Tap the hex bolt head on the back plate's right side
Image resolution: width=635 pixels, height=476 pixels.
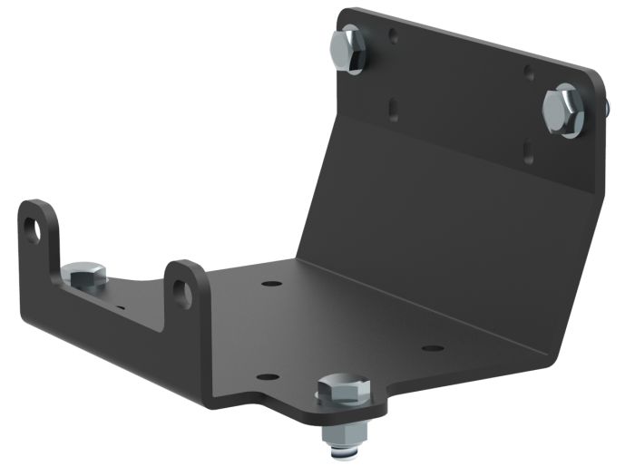tap(563, 111)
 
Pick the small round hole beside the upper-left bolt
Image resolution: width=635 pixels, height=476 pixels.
tap(393, 38)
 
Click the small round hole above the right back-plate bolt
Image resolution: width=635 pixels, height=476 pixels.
tap(528, 71)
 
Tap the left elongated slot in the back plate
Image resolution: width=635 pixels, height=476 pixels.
tap(393, 108)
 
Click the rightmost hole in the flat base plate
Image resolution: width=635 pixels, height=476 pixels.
tap(434, 348)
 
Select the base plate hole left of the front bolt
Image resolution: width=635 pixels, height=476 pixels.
tap(265, 376)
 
